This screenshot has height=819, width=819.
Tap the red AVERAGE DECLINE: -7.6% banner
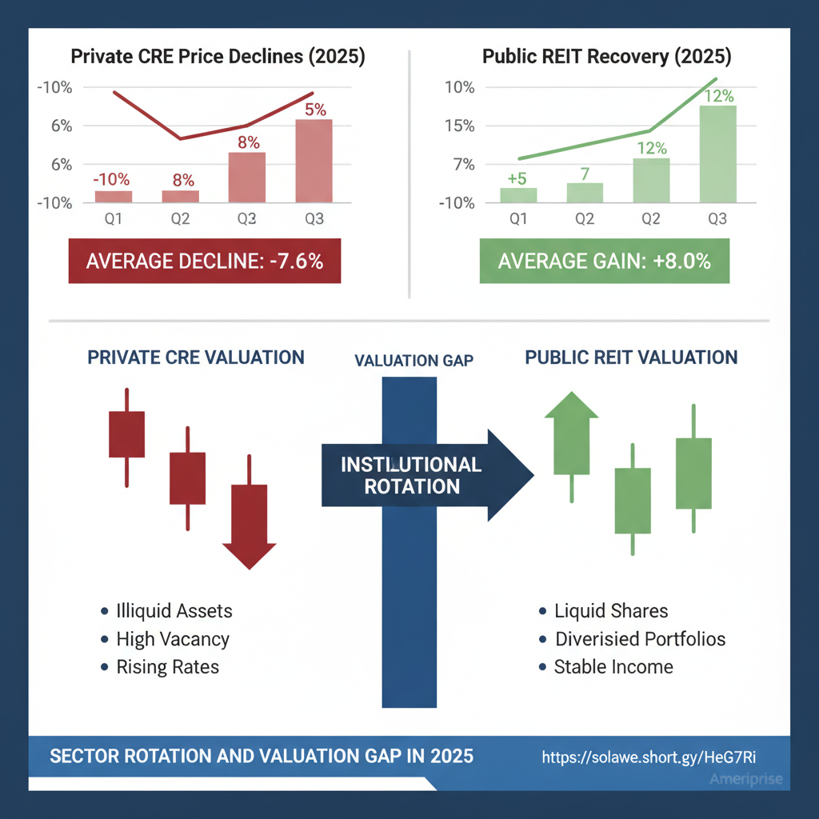pyautogui.click(x=205, y=261)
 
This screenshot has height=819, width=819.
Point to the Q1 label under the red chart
pyautogui.click(x=114, y=219)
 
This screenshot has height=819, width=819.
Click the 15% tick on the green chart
pyautogui.click(x=460, y=126)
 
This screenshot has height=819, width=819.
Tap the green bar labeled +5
pyautogui.click(x=518, y=195)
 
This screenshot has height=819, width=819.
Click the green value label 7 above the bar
pyautogui.click(x=585, y=174)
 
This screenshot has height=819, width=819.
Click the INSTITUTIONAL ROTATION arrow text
pyautogui.click(x=411, y=475)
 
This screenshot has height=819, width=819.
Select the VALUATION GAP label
pyautogui.click(x=413, y=361)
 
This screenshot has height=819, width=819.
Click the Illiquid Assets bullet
pyautogui.click(x=174, y=612)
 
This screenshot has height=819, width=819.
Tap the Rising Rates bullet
pyautogui.click(x=167, y=667)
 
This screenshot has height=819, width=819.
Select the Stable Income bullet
pyautogui.click(x=613, y=667)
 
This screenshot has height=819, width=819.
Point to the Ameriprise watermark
pyautogui.click(x=745, y=780)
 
